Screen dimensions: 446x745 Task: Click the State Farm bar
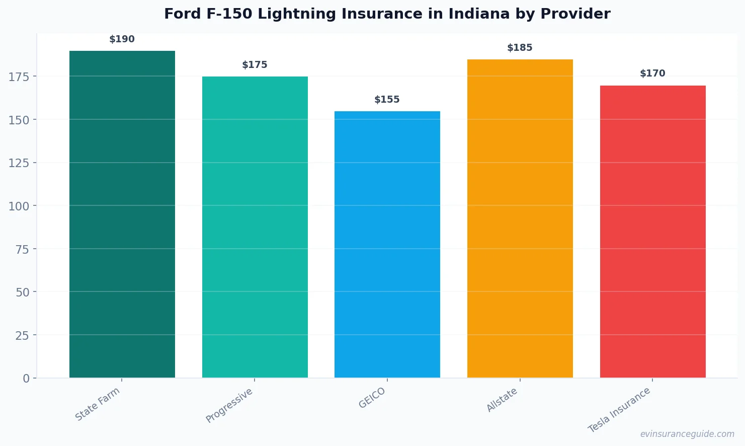pos(122,214)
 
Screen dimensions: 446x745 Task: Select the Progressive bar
pos(255,227)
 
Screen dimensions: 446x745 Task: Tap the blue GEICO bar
pos(387,244)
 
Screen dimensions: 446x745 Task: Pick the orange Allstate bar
pos(520,218)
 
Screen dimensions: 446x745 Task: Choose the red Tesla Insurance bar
pos(652,232)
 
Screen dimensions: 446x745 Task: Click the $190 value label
pos(122,39)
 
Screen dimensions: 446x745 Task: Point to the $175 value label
pos(255,65)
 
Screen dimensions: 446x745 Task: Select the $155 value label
pos(387,100)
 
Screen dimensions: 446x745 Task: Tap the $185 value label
pos(520,48)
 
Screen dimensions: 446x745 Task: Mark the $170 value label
pos(652,73)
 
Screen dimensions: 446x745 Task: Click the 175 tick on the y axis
pos(19,77)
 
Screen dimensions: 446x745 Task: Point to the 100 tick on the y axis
pos(19,206)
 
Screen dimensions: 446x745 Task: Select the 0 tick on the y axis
pos(26,379)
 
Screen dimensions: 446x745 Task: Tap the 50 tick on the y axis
pos(22,292)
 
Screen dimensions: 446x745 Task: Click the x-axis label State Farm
pos(98,404)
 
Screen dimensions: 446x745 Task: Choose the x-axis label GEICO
pos(372,398)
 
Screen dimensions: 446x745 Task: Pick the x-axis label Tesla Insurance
pos(619,410)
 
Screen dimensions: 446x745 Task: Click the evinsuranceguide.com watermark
pos(687,434)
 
